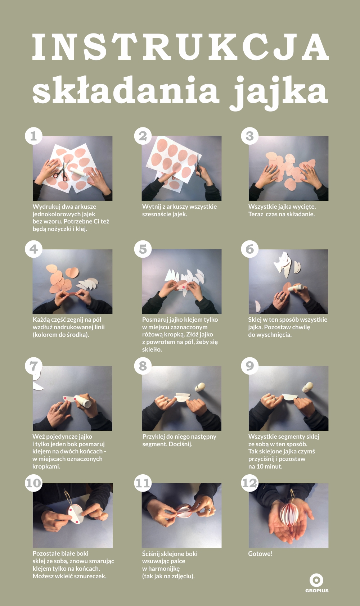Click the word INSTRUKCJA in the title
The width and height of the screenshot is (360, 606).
(180, 46)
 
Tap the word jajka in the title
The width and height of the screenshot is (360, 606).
(279, 92)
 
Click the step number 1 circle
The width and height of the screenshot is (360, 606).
(33, 136)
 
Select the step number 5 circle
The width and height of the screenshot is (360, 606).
(143, 249)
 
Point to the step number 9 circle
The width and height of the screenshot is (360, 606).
(249, 366)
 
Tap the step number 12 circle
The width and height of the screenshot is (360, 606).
(249, 483)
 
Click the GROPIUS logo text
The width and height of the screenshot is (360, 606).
(317, 591)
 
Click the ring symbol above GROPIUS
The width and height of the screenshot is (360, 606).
(316, 580)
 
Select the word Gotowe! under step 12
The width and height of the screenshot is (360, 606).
(260, 553)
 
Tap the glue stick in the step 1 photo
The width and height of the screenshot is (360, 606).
(79, 172)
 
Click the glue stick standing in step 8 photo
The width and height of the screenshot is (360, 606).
(200, 387)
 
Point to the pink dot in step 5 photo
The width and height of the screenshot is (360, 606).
(184, 286)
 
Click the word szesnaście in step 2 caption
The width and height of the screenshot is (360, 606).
(156, 214)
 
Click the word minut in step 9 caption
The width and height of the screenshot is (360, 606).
(274, 466)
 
